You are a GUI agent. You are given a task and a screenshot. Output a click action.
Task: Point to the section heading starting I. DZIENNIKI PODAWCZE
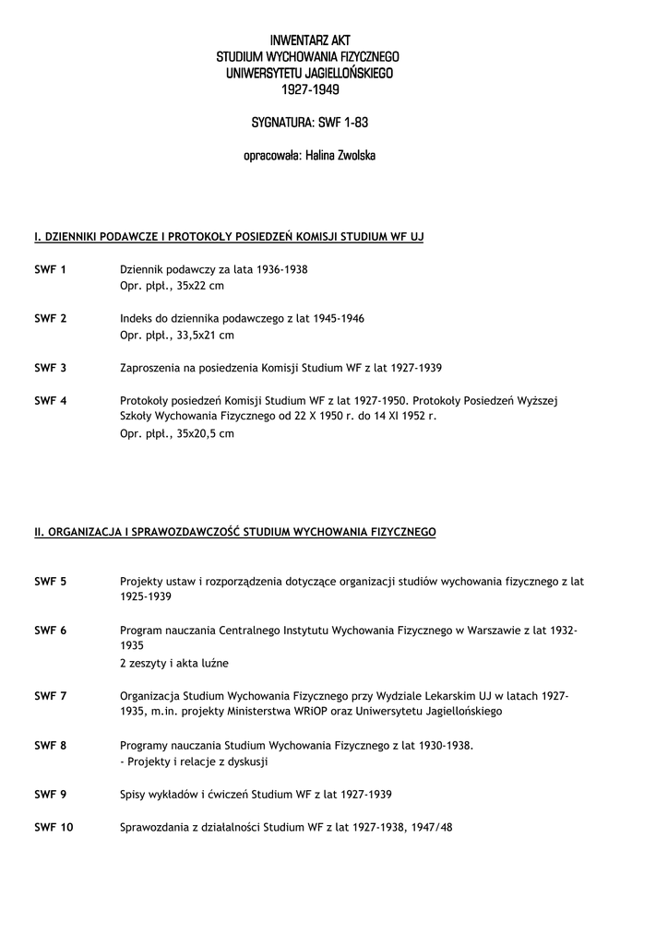229,238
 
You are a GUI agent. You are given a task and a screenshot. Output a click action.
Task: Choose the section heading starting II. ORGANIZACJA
234,532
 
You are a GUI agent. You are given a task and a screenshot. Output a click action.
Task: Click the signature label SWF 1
50,269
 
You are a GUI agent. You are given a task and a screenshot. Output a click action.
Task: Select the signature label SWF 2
50,318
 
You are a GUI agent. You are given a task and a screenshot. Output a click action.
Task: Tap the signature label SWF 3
50,368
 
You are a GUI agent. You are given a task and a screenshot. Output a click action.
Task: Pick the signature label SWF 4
50,400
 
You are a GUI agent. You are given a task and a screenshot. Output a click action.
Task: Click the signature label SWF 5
50,581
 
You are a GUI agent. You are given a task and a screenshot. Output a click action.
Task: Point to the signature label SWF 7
50,696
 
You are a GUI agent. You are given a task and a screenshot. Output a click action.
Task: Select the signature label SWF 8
50,745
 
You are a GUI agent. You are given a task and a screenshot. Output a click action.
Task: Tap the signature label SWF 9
50,794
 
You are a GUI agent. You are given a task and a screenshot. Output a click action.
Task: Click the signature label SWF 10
54,827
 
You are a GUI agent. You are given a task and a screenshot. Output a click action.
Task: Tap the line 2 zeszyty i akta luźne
173,663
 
